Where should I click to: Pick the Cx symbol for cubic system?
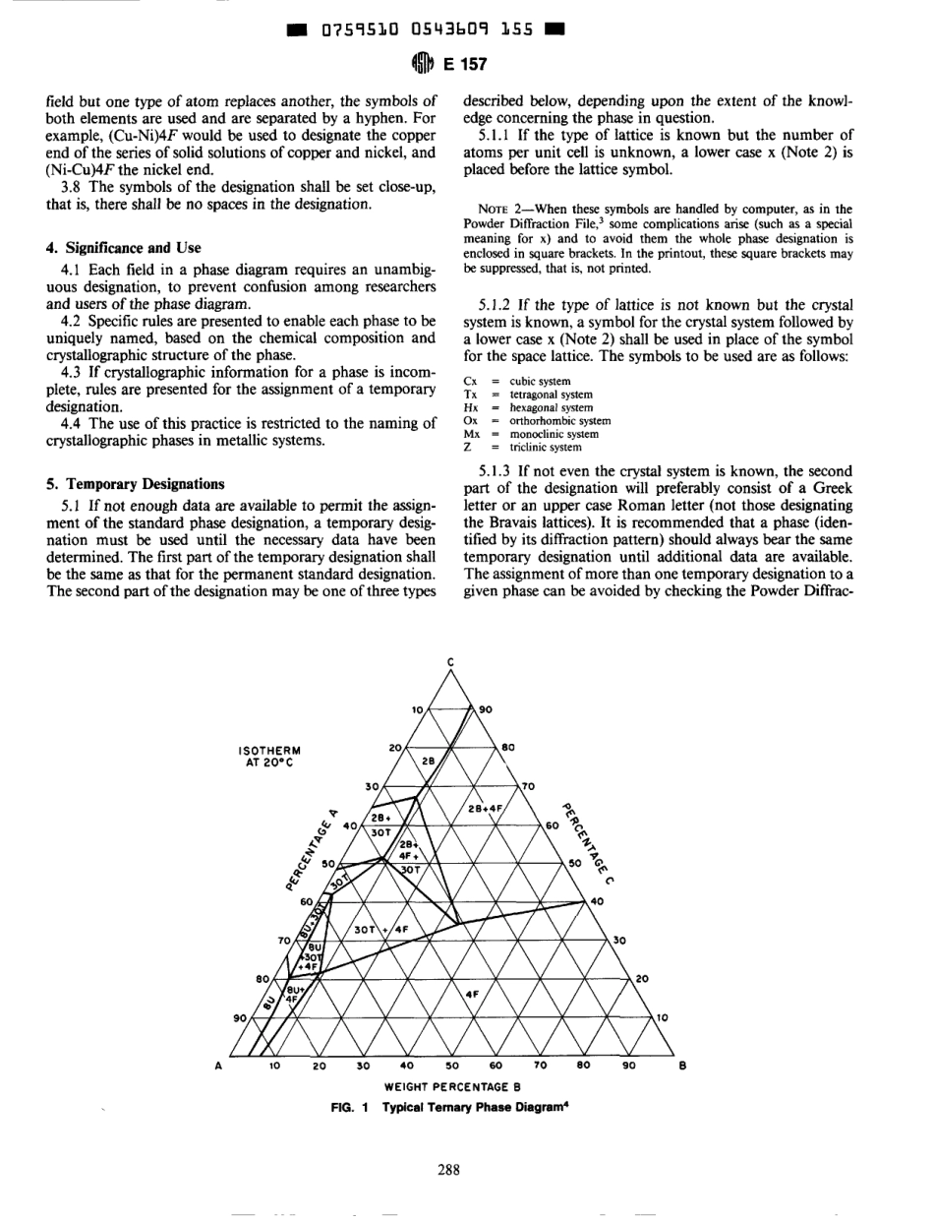coord(469,382)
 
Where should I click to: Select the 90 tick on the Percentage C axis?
coord(484,708)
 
